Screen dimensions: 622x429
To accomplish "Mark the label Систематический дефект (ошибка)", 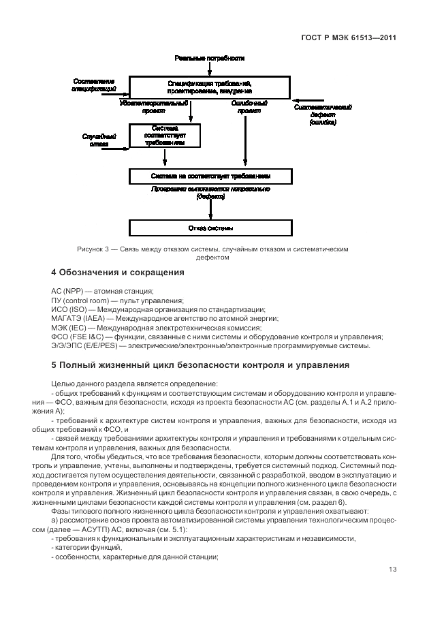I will (x=322, y=114).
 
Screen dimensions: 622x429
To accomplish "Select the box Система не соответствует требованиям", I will (x=210, y=176).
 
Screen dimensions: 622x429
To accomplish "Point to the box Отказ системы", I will (x=210, y=228).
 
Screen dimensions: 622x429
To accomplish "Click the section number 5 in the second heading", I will (x=54, y=365).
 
